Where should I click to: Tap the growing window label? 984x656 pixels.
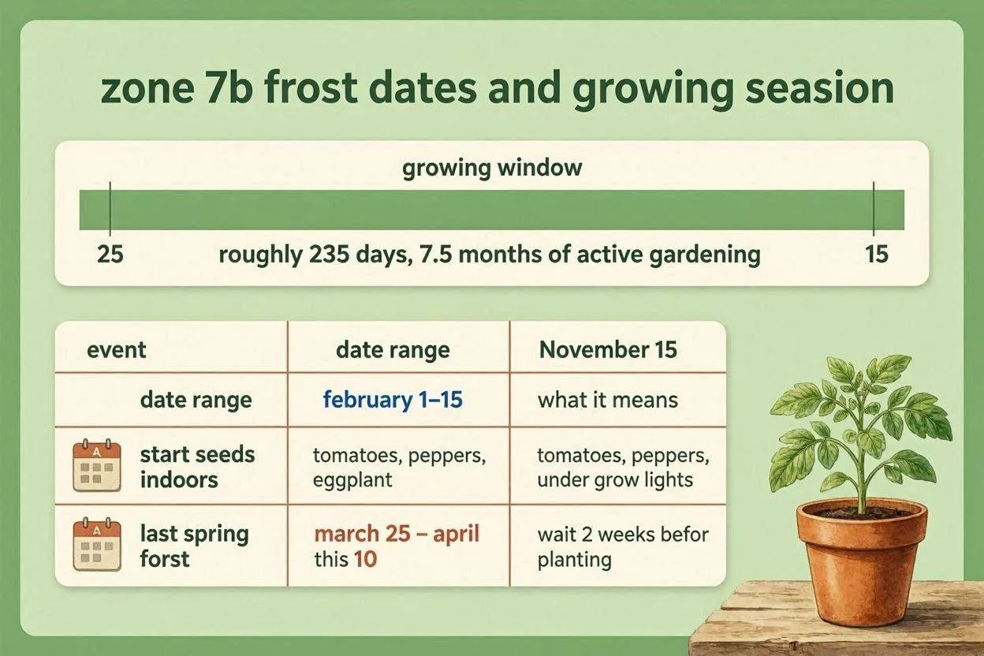(492, 168)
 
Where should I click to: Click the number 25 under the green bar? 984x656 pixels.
(110, 254)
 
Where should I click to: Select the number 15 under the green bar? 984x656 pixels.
(877, 254)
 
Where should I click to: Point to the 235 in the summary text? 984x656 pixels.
(330, 255)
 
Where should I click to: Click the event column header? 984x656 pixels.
(117, 350)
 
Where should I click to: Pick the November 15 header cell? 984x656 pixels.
(608, 350)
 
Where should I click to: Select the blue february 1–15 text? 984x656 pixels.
(393, 400)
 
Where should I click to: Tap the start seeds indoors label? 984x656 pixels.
(197, 467)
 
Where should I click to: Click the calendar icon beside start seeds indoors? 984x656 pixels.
(97, 465)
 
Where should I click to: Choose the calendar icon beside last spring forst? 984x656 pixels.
(97, 544)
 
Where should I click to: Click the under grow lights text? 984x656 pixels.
(615, 479)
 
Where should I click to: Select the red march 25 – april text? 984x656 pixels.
(397, 534)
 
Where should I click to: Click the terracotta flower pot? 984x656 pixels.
(862, 562)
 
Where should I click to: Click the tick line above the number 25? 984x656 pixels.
(110, 209)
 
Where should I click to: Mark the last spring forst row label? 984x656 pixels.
(195, 546)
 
